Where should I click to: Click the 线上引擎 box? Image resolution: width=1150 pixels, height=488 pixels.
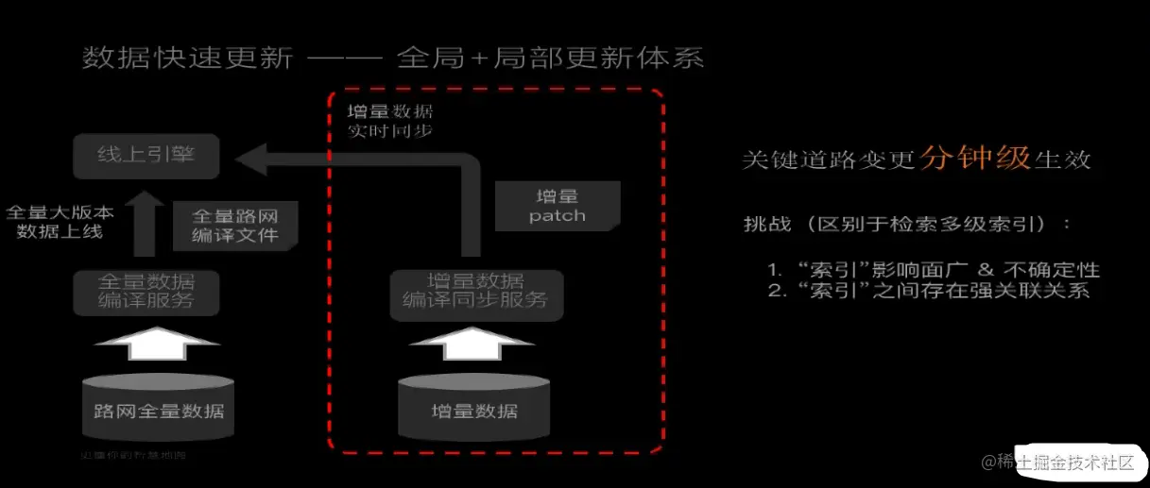146,157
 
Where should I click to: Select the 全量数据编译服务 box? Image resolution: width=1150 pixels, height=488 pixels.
146,292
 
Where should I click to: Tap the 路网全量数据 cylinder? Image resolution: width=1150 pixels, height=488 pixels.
158,410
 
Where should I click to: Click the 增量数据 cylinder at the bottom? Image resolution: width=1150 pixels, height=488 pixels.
474,410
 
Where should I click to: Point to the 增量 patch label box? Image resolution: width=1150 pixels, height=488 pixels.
558,205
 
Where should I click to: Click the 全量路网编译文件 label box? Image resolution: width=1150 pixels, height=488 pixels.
236,224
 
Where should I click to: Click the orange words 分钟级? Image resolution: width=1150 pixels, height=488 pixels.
976,158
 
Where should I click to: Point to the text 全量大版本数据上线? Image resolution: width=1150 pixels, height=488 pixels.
60,221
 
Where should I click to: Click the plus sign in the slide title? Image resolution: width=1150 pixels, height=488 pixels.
478,59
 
